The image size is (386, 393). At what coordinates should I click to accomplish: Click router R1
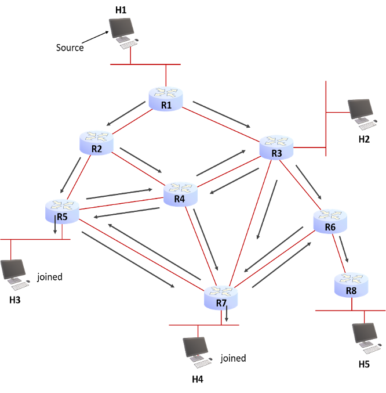166,98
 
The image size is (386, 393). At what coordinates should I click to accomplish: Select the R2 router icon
96,142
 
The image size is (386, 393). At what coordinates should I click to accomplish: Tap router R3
276,147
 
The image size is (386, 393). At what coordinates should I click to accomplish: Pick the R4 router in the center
180,193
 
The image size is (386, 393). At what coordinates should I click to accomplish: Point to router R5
62,211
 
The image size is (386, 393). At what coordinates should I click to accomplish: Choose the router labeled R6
330,221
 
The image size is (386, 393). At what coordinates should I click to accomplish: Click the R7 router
221,297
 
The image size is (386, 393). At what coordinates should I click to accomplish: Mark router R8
351,284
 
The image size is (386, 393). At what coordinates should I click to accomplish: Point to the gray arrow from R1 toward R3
221,114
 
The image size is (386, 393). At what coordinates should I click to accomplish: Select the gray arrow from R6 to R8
344,248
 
